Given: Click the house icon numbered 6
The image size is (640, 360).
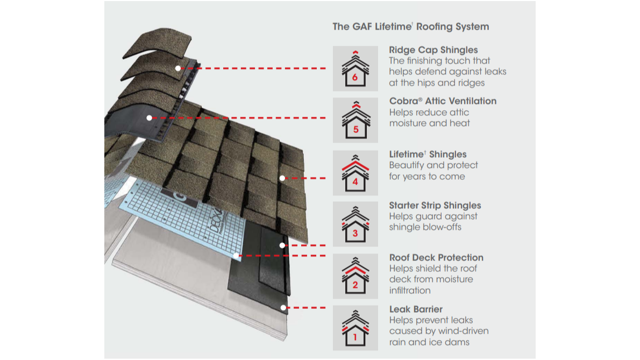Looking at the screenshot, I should pos(355,68).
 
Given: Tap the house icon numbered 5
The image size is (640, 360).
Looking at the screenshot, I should pos(355,120).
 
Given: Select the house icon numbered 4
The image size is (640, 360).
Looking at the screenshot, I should pos(355,173).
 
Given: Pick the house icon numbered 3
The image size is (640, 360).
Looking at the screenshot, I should pos(355,224).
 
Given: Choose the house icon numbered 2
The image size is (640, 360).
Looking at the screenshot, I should pos(355,276).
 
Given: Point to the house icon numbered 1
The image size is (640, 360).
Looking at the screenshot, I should pos(355,328).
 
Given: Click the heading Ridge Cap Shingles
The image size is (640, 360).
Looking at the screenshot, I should pos(433,50).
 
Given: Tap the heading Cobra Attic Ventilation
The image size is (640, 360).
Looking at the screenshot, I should pos(443,101).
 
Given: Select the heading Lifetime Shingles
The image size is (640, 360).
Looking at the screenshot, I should pos(428,154).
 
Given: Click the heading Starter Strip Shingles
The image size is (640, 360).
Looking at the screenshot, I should pos(435,206).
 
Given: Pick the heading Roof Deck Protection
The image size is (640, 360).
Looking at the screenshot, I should pos(436,258).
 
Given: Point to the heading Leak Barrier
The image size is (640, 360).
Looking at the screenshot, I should pos(416,309).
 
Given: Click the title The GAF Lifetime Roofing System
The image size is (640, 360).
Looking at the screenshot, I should pos(411,27).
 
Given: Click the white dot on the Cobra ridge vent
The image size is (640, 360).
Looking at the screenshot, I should pos(149,117).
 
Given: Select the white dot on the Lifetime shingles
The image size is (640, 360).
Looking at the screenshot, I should pos(282,178).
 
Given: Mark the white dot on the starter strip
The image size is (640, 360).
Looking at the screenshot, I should pos(282,245).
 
